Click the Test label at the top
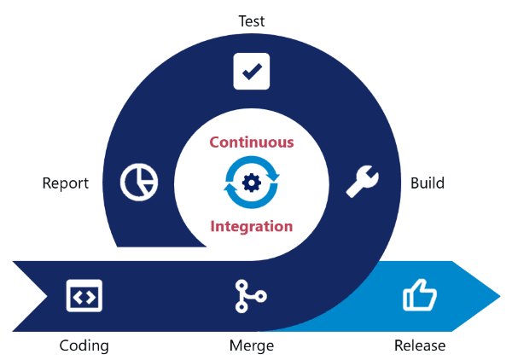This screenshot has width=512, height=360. pyautogui.click(x=251, y=20)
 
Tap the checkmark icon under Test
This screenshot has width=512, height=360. pyautogui.click(x=252, y=72)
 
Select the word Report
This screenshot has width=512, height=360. pyautogui.click(x=66, y=183)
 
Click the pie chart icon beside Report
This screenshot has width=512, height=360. pyautogui.click(x=138, y=182)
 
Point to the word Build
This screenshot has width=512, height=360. pyautogui.click(x=427, y=183)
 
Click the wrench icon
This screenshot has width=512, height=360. pyautogui.click(x=363, y=181)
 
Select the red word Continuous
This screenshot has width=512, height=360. pyautogui.click(x=252, y=142)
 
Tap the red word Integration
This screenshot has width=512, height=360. pyautogui.click(x=252, y=226)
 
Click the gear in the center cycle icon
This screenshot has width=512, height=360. pyautogui.click(x=252, y=182)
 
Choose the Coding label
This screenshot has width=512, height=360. pyautogui.click(x=84, y=345)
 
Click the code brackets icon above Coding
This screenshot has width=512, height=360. pyautogui.click(x=84, y=296)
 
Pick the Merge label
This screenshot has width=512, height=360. pyautogui.click(x=252, y=345)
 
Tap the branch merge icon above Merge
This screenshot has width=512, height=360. pyautogui.click(x=249, y=295)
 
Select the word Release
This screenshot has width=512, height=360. pyautogui.click(x=420, y=345)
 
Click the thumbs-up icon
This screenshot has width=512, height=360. pyautogui.click(x=419, y=296)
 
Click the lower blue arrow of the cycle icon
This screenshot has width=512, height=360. pyautogui.click(x=247, y=201)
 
